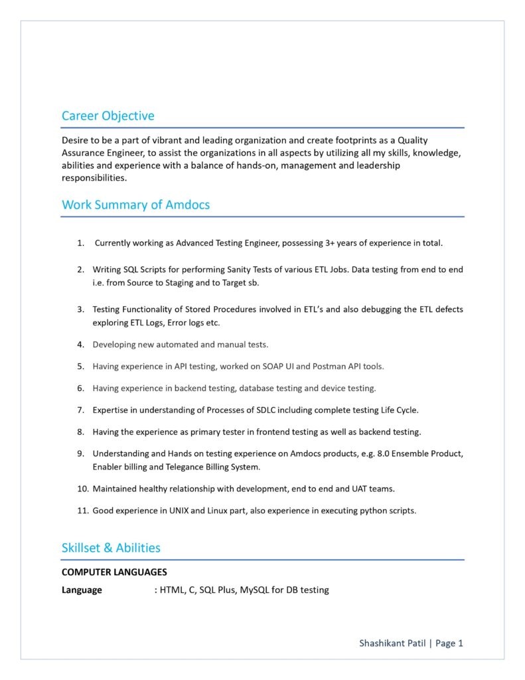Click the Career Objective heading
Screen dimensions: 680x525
pyautogui.click(x=108, y=116)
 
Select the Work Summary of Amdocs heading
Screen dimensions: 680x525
pyautogui.click(x=135, y=205)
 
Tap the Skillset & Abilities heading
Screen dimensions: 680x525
pyautogui.click(x=111, y=548)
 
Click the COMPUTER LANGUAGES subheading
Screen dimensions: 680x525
pyautogui.click(x=114, y=572)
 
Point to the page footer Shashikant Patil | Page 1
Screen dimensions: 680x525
pyautogui.click(x=411, y=643)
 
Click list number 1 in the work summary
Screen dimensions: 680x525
pyautogui.click(x=80, y=243)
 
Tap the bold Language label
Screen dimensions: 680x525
pyautogui.click(x=82, y=590)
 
